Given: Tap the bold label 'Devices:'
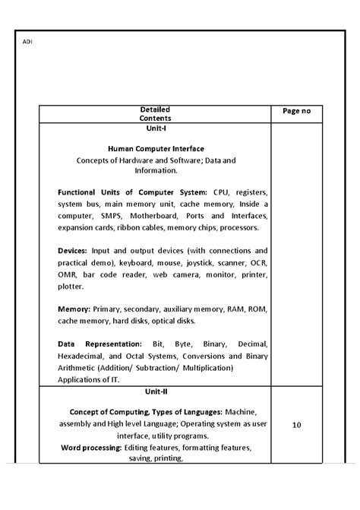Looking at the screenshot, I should click(73, 250).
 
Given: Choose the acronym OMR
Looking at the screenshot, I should click(68, 274).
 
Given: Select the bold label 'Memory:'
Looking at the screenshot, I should click(74, 309).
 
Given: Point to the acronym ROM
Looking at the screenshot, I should click(258, 309).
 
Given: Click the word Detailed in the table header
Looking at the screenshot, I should click(155, 109).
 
